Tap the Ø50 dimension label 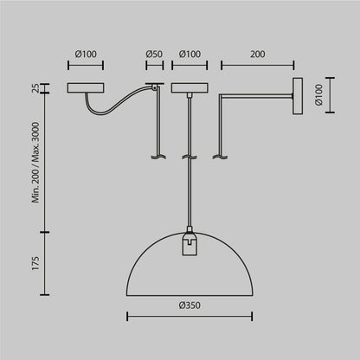[x=154, y=54]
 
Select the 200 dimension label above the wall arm [x=257, y=54]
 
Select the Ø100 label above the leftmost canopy [x=86, y=54]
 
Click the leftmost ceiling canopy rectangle [x=86, y=88]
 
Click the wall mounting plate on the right [x=299, y=94]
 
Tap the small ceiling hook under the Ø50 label [x=155, y=85]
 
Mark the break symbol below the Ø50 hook [x=157, y=157]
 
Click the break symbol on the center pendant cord [x=188, y=157]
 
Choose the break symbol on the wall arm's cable [x=220, y=157]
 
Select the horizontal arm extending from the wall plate [x=255, y=94]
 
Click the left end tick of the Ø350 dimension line [x=128, y=316]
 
